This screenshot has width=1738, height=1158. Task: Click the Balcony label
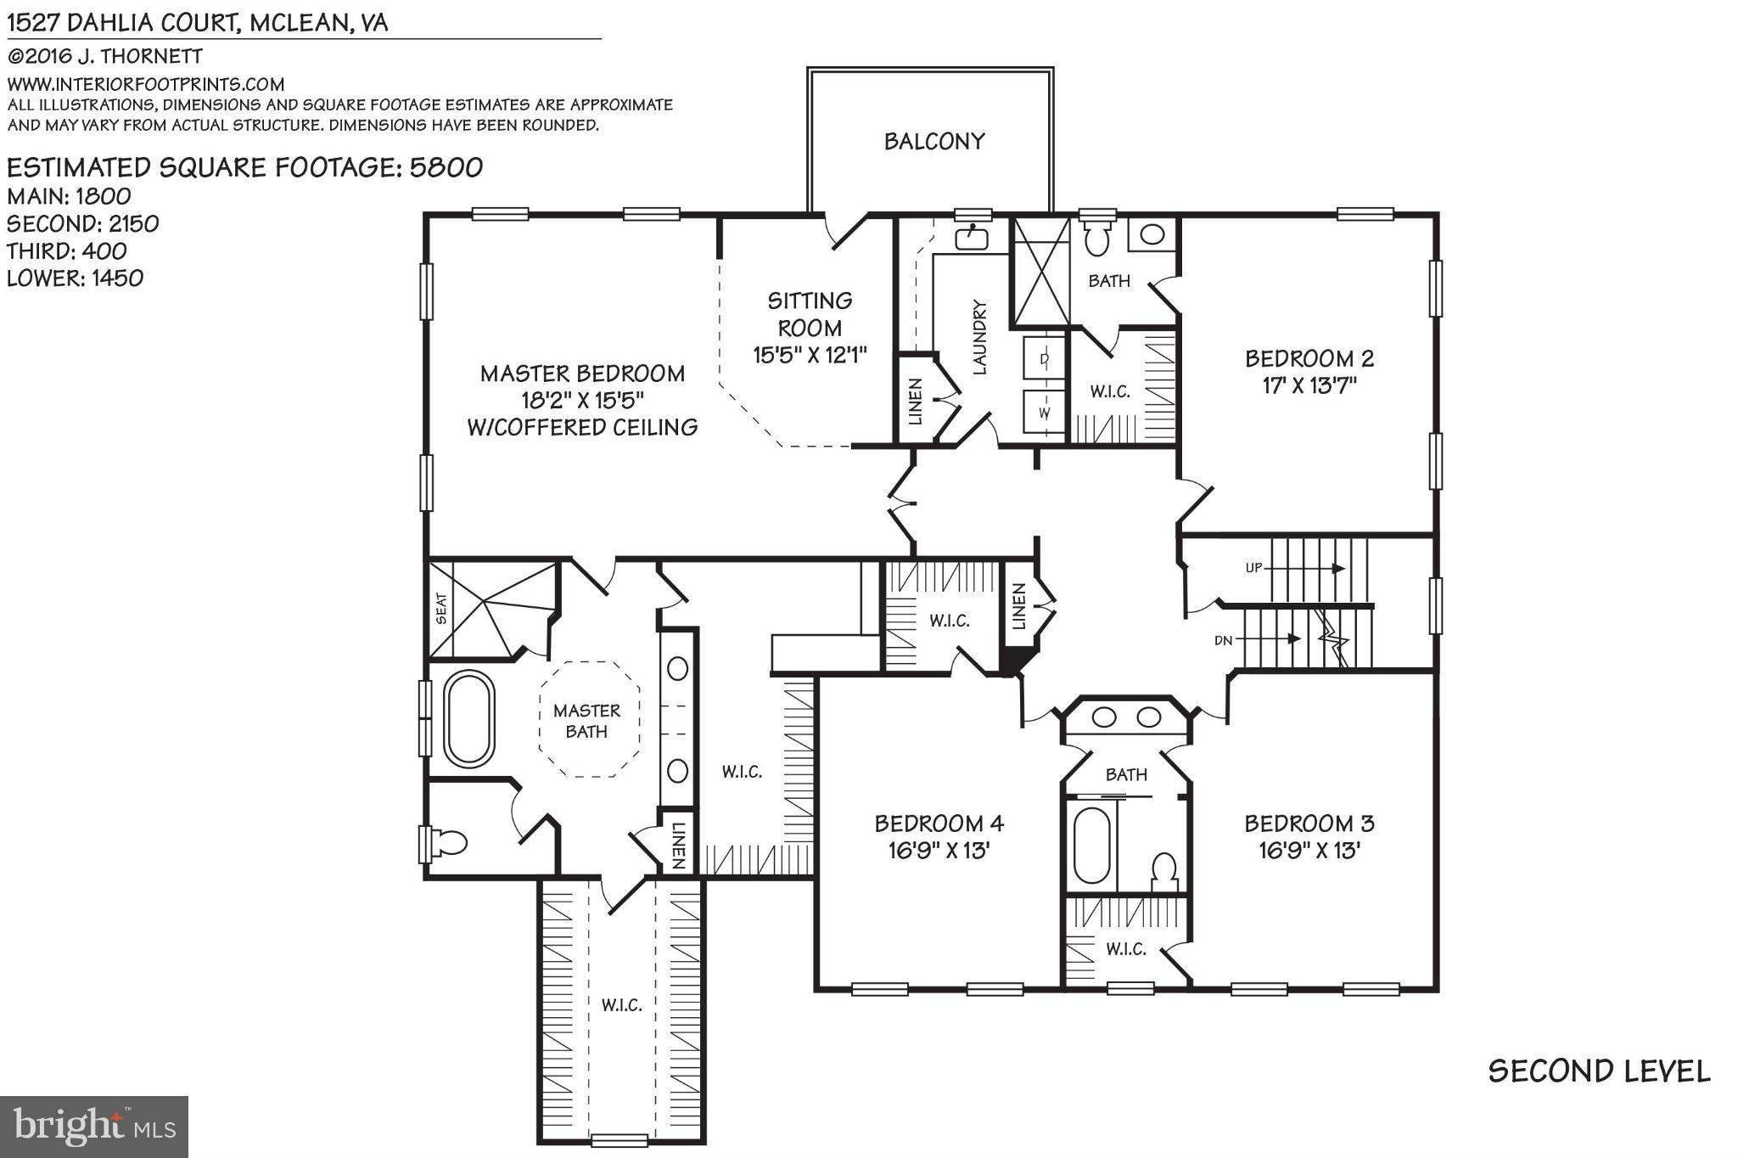point(933,141)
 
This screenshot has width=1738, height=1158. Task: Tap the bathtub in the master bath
point(470,718)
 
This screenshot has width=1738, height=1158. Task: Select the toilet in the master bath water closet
point(449,842)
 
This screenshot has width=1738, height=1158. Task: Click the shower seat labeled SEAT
point(440,608)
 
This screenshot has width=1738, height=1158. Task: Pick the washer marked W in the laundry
point(1044,413)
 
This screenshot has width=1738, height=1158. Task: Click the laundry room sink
point(972,238)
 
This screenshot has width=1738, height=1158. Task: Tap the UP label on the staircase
point(1253,568)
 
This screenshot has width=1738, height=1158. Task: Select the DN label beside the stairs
point(1223,640)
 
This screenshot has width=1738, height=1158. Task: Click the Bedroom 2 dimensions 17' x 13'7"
point(1309,385)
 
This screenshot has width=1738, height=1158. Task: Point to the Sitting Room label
point(810,314)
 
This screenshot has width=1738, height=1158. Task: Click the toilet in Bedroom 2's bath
point(1097,239)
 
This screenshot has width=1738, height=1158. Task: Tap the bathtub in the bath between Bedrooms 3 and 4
point(1091,846)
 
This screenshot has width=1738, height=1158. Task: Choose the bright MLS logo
point(94,1127)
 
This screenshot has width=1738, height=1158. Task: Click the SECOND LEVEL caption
point(1599,1071)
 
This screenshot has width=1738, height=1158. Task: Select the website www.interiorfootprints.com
point(145,84)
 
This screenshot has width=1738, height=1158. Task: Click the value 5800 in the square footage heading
point(446,167)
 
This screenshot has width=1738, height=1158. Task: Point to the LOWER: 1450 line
point(75,278)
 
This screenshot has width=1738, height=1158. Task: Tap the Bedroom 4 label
point(939,823)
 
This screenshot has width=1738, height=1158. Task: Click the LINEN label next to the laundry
point(915,401)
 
